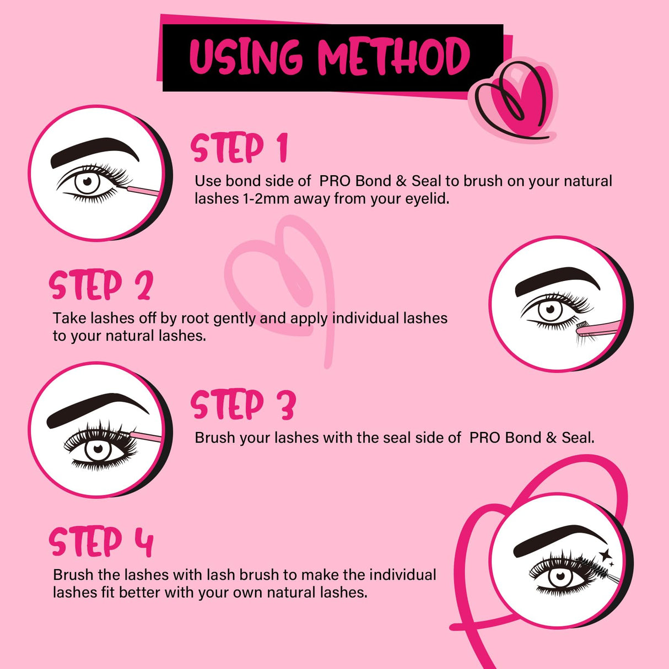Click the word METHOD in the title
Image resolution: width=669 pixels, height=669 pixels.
tap(393, 57)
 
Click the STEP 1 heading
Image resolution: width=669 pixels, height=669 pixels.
tap(239, 148)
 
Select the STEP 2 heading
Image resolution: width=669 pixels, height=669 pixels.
tap(101, 285)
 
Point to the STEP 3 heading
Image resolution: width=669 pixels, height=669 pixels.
tap(243, 405)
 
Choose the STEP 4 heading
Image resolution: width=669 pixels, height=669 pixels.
tap(101, 542)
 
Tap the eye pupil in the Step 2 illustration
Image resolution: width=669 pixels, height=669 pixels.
tap(550, 310)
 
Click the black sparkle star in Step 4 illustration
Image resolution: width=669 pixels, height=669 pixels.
tap(606, 555)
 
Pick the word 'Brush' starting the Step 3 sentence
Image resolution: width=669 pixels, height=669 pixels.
tap(215, 438)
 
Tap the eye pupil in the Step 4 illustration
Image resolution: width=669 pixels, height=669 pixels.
tap(561, 576)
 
